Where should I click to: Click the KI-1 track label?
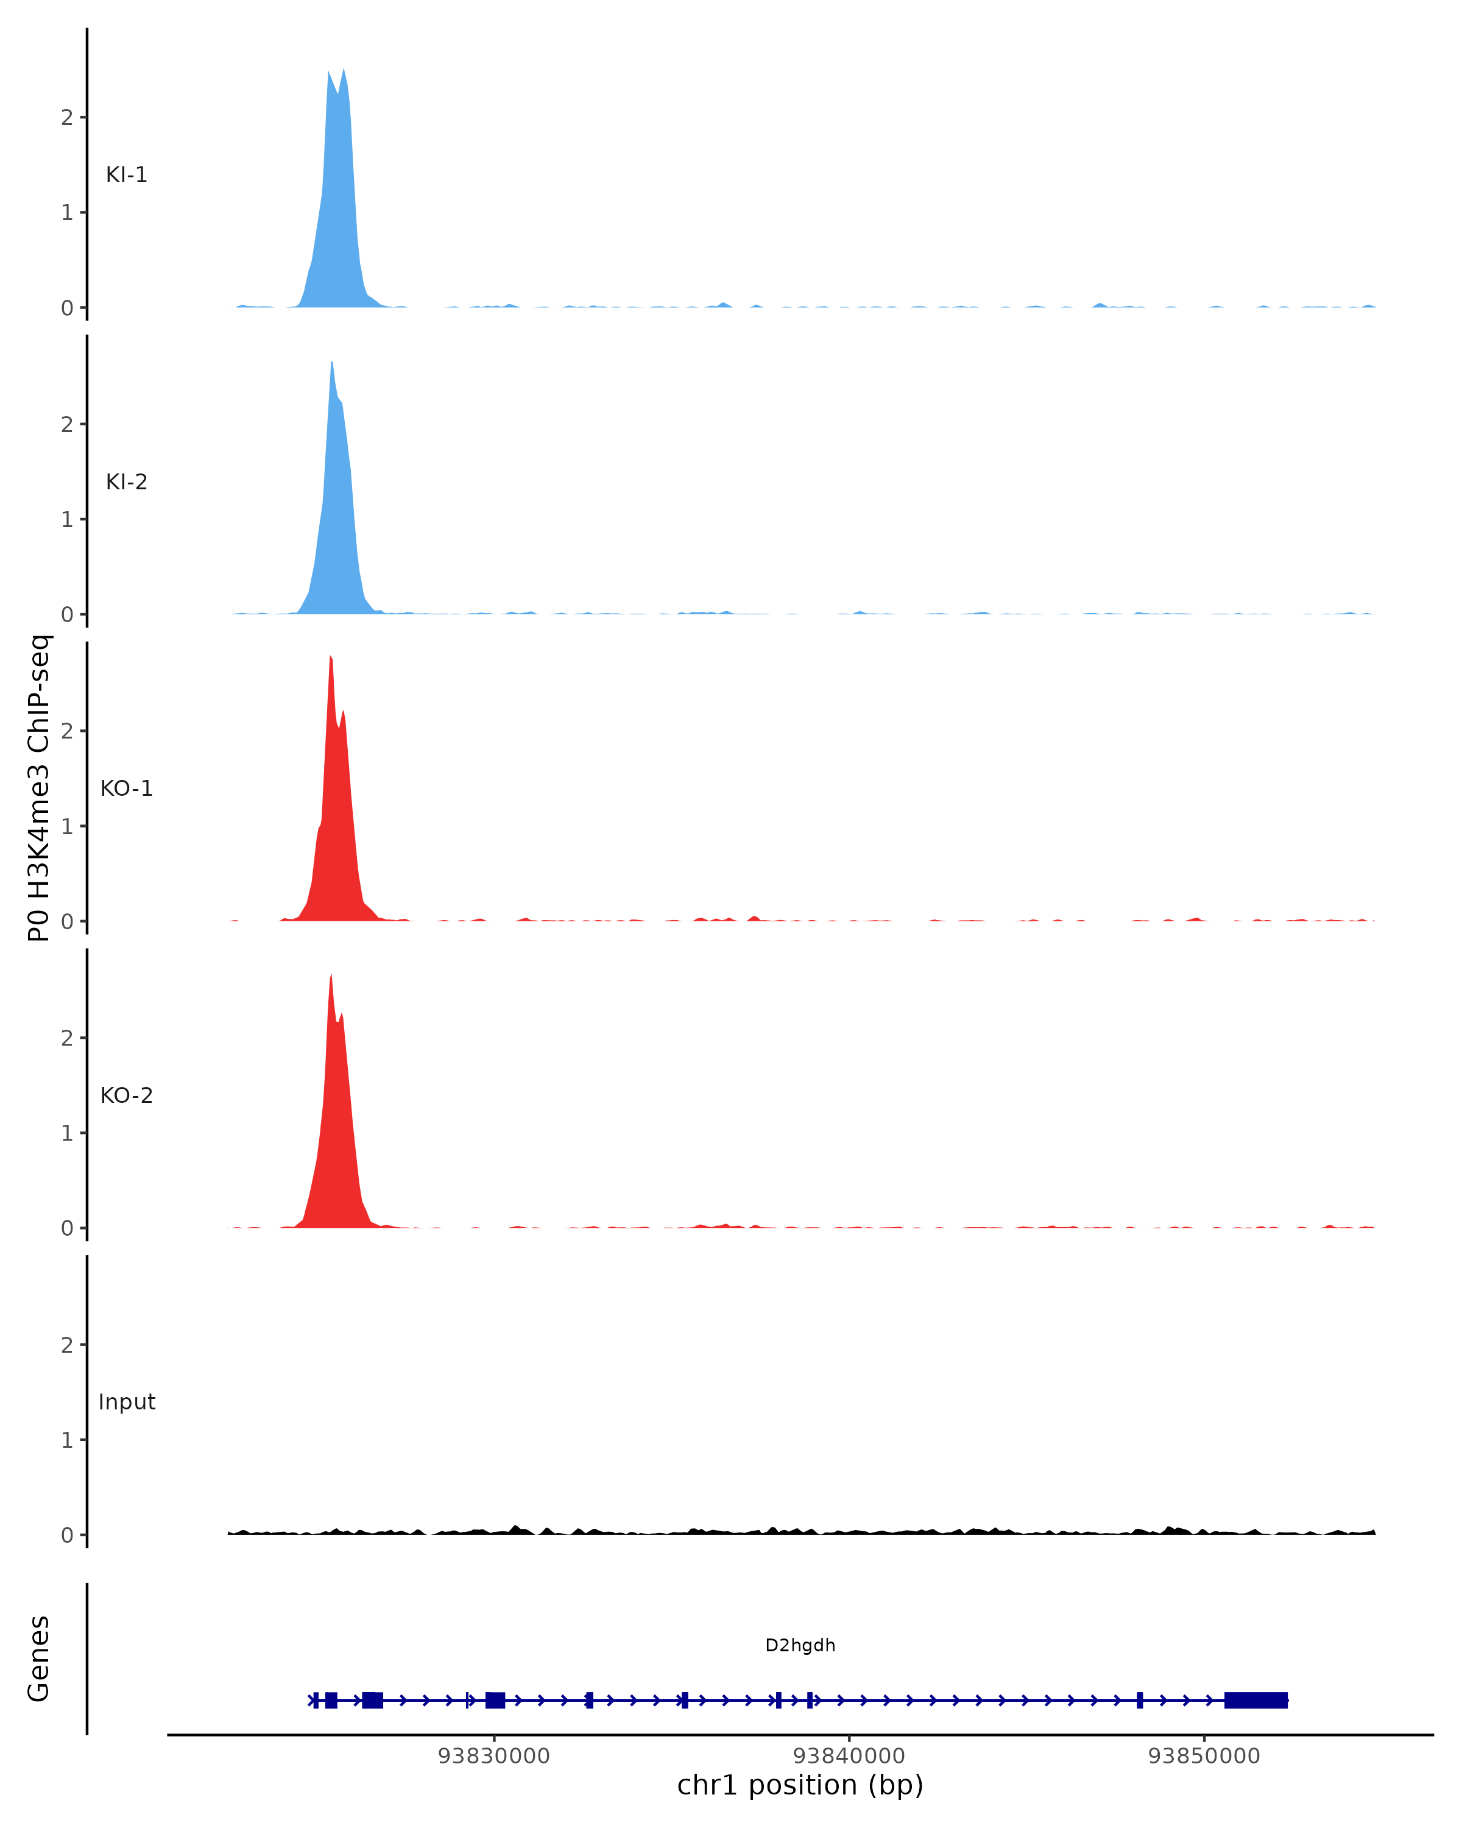(126, 175)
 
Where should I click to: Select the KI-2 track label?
(126, 481)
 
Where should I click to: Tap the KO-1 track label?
(126, 788)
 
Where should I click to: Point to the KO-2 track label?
(126, 1096)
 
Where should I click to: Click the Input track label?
(126, 1402)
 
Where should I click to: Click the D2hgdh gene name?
(799, 1646)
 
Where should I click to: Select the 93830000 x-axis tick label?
(493, 1756)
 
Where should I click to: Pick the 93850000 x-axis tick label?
(1204, 1756)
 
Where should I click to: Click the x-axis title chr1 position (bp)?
(799, 1785)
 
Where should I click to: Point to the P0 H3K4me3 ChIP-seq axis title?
(39, 788)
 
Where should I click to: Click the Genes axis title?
(39, 1659)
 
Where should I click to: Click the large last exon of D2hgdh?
(1255, 1700)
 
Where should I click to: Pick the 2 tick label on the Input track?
(67, 1345)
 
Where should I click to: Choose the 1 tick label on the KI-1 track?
(67, 213)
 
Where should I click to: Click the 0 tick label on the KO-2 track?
(67, 1228)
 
